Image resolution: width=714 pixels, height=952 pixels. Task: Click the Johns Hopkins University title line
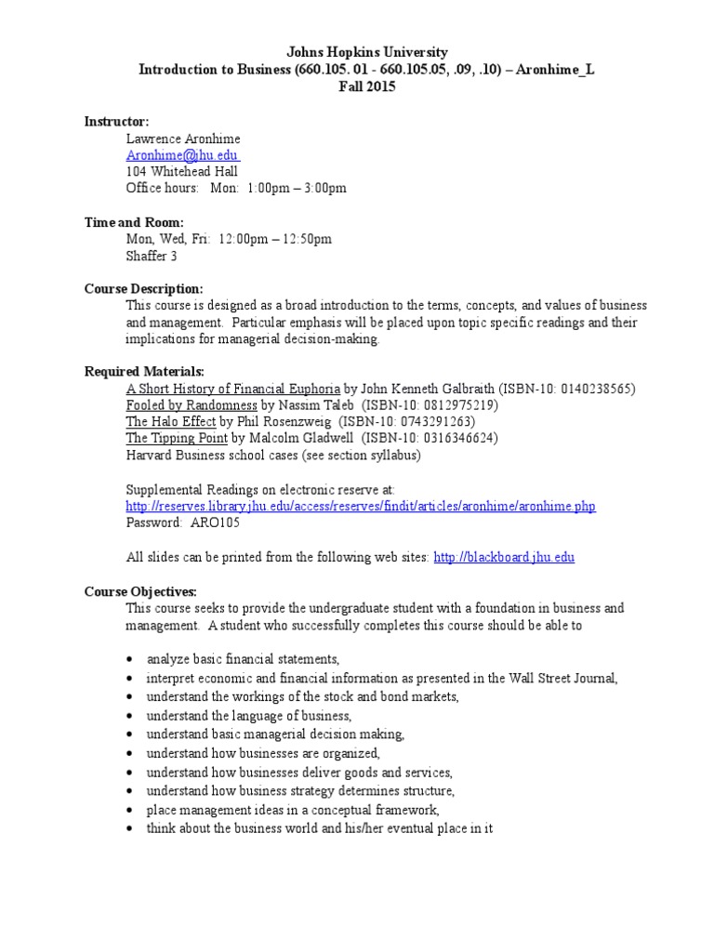tap(356, 52)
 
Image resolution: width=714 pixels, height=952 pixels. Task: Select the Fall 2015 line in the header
tap(356, 86)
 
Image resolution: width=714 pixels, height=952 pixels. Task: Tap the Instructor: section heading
tap(116, 121)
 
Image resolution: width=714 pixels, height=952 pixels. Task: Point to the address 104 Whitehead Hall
tap(182, 171)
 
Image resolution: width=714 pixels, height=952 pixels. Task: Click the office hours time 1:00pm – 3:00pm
tap(297, 188)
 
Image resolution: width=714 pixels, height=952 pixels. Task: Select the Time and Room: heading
tap(134, 222)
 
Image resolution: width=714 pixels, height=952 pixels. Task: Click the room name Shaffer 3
tap(152, 256)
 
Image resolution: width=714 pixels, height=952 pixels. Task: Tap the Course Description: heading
tap(143, 289)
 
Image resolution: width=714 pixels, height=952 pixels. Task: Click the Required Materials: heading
tap(144, 372)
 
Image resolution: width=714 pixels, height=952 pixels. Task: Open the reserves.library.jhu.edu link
tap(361, 506)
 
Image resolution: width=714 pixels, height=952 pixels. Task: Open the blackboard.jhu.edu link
tap(504, 557)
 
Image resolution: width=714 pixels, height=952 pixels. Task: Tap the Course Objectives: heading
tap(140, 590)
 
